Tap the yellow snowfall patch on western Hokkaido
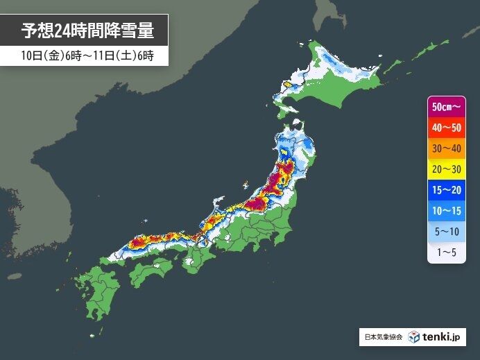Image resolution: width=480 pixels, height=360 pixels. point(286,86)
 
